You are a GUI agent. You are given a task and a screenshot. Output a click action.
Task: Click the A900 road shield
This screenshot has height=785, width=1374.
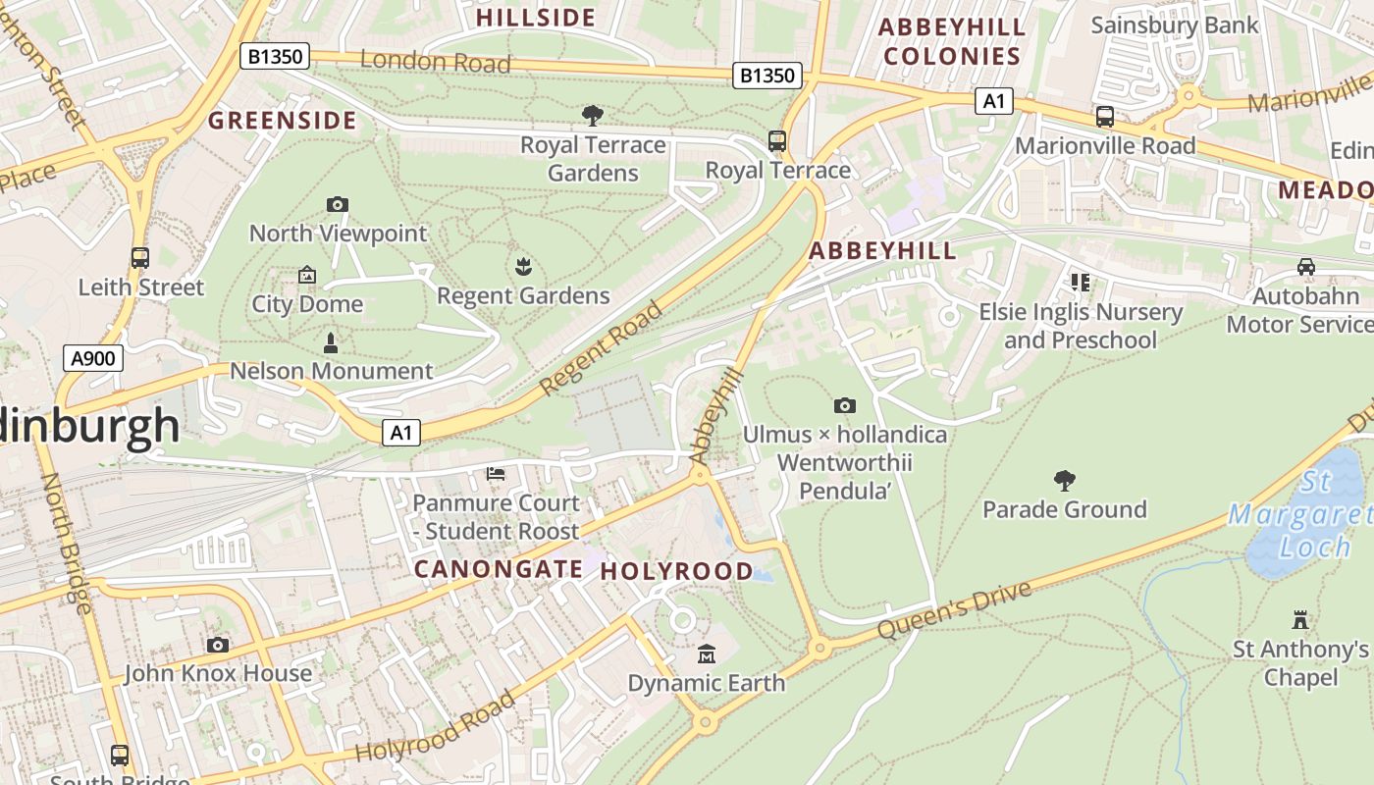[x=93, y=358]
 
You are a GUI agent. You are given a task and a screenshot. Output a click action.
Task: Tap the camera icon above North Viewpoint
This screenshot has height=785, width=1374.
[x=338, y=204]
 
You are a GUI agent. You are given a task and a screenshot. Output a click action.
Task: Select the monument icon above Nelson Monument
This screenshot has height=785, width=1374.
[x=331, y=343]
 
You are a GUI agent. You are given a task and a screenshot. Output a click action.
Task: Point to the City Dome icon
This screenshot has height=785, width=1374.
[x=307, y=276]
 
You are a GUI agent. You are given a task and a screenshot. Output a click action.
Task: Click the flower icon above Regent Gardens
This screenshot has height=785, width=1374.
[x=523, y=266]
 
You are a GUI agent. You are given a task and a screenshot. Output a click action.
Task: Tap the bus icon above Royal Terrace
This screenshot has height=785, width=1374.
[x=777, y=141]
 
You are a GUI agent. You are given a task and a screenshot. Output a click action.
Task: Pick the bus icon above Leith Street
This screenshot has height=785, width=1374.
[x=140, y=258]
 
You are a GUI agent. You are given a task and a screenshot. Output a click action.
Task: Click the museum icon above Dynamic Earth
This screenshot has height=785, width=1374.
[x=706, y=654]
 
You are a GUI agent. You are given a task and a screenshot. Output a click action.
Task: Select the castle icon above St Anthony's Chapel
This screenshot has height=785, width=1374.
[x=1300, y=620]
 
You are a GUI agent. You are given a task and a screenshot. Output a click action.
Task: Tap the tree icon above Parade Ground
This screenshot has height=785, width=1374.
[x=1065, y=481]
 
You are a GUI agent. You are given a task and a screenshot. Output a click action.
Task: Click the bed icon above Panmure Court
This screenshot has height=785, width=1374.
[x=496, y=475]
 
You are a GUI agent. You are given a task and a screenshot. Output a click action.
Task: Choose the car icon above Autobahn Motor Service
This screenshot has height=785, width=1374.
[x=1306, y=267]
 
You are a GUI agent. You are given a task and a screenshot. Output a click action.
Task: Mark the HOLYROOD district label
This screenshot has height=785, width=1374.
[x=676, y=571]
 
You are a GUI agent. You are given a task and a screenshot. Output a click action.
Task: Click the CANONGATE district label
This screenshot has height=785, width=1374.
[x=499, y=569]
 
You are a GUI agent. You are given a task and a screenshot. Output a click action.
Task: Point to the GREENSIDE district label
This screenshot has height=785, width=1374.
[x=282, y=121]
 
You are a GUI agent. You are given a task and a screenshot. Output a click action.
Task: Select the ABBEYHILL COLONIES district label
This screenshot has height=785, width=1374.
[x=952, y=41]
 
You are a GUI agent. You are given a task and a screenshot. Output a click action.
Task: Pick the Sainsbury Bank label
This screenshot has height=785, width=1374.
[x=1174, y=25]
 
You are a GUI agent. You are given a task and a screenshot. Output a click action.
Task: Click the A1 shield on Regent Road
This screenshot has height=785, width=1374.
[x=400, y=433]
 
